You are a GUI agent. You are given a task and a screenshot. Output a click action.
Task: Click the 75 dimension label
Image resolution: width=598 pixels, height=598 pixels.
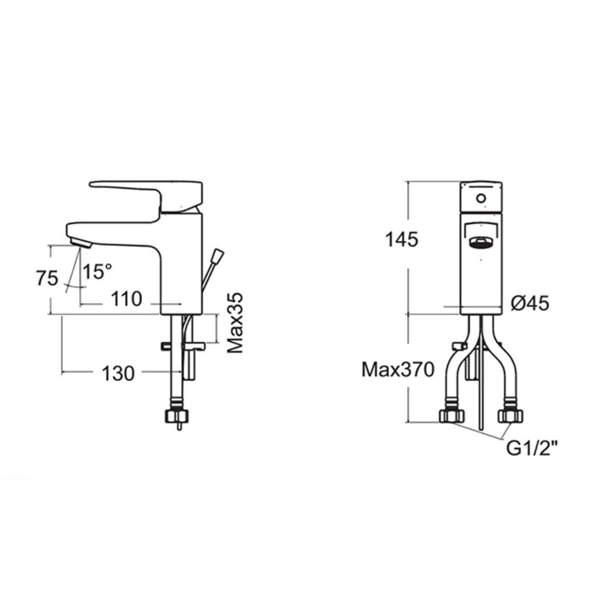coord(47,278)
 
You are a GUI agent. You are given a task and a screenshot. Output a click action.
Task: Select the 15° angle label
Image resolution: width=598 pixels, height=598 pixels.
coord(97,271)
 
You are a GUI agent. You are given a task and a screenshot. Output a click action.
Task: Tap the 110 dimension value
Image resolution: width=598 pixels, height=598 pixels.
coord(127,299)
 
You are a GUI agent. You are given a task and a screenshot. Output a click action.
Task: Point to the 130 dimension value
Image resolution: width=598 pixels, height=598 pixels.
coord(118,373)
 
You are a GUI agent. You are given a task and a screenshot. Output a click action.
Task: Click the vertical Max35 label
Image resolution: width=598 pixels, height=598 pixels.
coord(235,323)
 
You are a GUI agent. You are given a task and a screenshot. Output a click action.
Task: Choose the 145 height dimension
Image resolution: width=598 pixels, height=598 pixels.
coord(402,240)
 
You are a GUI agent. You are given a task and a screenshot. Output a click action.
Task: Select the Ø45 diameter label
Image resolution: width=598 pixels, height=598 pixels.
coord(530,303)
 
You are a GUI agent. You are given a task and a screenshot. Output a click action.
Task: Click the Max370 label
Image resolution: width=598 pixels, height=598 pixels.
coord(398,370)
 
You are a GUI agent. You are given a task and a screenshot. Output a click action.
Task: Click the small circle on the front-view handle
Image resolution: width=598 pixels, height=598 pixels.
coord(481,199)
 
